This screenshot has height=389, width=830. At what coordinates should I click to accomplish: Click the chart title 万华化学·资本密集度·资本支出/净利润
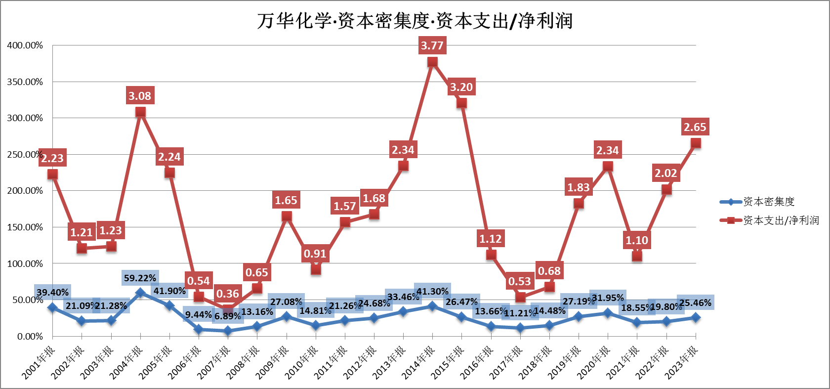point(415,21)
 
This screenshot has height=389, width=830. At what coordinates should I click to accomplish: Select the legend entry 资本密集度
point(769,202)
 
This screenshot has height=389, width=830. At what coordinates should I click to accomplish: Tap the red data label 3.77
point(432,45)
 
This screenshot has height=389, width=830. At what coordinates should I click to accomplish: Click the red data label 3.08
point(140,96)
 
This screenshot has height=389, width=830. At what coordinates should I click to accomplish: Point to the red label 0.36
point(227,294)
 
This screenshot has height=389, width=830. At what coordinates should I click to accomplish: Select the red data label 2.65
point(695,127)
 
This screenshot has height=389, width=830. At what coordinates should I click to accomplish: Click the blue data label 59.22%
point(140,278)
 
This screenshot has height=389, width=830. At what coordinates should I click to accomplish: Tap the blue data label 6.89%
point(227,316)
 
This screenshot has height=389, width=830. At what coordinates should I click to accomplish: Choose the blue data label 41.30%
point(432,292)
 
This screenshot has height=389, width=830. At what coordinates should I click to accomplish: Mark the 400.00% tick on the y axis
point(25,45)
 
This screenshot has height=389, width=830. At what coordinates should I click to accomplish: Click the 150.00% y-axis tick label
point(25,227)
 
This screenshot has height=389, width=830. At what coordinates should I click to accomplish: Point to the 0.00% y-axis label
point(30,336)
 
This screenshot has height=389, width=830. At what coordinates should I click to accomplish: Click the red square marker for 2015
point(461,103)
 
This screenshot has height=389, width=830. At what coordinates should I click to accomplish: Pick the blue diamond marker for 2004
point(140,293)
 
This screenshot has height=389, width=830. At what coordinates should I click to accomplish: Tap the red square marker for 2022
point(666,189)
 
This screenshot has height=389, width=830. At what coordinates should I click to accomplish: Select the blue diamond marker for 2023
point(696,317)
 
